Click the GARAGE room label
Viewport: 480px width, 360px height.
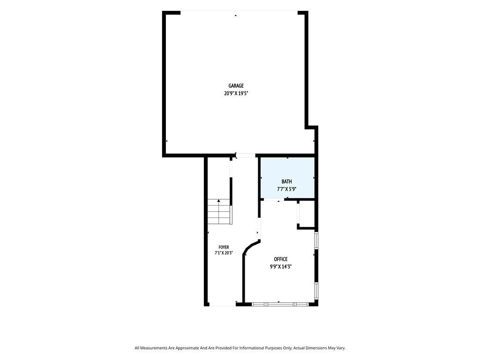pos(236,86)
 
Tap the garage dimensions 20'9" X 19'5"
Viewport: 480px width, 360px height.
pos(236,93)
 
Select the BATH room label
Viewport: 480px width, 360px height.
pos(287,182)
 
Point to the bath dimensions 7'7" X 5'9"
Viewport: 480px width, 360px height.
pos(287,189)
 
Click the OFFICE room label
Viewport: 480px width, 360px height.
pos(281,259)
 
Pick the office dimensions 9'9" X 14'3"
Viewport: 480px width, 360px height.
pos(281,267)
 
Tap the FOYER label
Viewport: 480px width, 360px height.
pos(224,247)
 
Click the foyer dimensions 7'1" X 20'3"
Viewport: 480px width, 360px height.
pos(224,253)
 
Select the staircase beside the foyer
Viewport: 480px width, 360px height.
pos(219,211)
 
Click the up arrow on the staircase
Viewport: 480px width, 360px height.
pos(219,201)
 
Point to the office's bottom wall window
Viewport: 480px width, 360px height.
pos(280,304)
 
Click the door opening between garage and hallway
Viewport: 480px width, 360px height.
pos(246,156)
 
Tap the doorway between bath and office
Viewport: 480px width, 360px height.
pos(274,200)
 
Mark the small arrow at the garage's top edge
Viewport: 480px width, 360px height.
pos(236,15)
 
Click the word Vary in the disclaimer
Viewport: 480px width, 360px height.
pos(341,348)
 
